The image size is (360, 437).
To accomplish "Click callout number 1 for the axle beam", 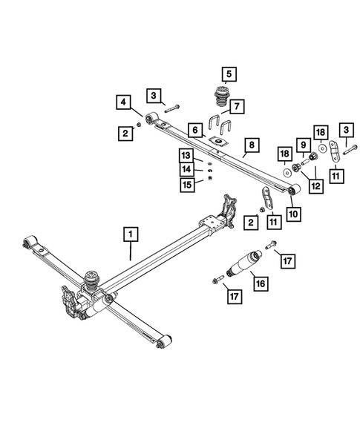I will click(131, 236).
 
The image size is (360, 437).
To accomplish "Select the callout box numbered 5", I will click(229, 73).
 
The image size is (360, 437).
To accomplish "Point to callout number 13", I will click(185, 155).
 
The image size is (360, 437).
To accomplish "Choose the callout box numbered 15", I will click(185, 183).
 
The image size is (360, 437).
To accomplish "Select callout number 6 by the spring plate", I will click(195, 130).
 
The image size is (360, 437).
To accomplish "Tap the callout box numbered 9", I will click(303, 144).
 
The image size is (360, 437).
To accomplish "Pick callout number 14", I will click(185, 169).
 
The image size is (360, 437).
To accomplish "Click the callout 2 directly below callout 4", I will click(124, 133).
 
